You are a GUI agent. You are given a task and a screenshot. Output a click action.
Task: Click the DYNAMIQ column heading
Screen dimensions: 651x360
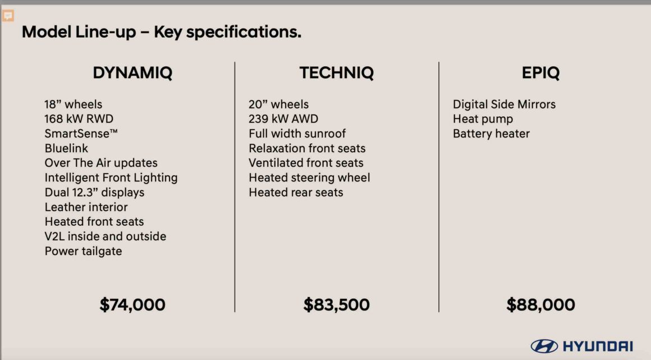point(132,73)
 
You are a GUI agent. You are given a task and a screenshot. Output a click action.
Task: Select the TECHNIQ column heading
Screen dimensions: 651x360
point(336,73)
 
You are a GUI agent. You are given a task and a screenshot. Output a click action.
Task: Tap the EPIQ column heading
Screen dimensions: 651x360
point(540,73)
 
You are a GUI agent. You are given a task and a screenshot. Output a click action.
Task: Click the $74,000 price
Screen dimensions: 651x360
point(132,305)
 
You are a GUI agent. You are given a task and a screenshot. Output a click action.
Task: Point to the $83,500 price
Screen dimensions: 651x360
point(336,305)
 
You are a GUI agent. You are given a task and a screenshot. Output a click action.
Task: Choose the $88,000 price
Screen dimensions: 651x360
point(540,305)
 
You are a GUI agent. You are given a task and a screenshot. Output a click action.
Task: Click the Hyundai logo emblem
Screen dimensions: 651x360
point(544,346)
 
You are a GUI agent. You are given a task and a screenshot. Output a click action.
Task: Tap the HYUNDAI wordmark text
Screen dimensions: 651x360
point(598,346)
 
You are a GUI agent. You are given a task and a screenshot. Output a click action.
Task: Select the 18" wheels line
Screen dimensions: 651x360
point(74,104)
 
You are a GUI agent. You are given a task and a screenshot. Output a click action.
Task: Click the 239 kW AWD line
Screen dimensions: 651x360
point(283,119)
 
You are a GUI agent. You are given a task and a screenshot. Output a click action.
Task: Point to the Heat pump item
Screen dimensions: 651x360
point(483,119)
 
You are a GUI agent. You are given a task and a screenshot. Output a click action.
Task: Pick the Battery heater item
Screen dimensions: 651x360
point(491,134)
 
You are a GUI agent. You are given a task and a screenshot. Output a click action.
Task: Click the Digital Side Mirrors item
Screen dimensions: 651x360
point(504,104)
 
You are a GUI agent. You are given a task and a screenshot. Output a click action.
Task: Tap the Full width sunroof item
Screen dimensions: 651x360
point(297,134)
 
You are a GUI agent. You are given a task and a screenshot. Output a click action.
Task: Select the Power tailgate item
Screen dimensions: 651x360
point(84,252)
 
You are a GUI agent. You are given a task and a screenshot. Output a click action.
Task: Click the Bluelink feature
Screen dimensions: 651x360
point(66,148)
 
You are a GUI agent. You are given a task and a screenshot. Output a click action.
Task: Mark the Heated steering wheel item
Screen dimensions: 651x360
point(309,178)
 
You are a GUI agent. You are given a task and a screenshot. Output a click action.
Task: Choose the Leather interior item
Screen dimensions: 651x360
point(86,207)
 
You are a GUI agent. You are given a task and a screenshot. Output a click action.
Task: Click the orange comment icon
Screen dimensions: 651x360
point(8,16)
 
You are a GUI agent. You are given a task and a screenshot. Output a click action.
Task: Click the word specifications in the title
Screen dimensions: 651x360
point(244,33)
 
